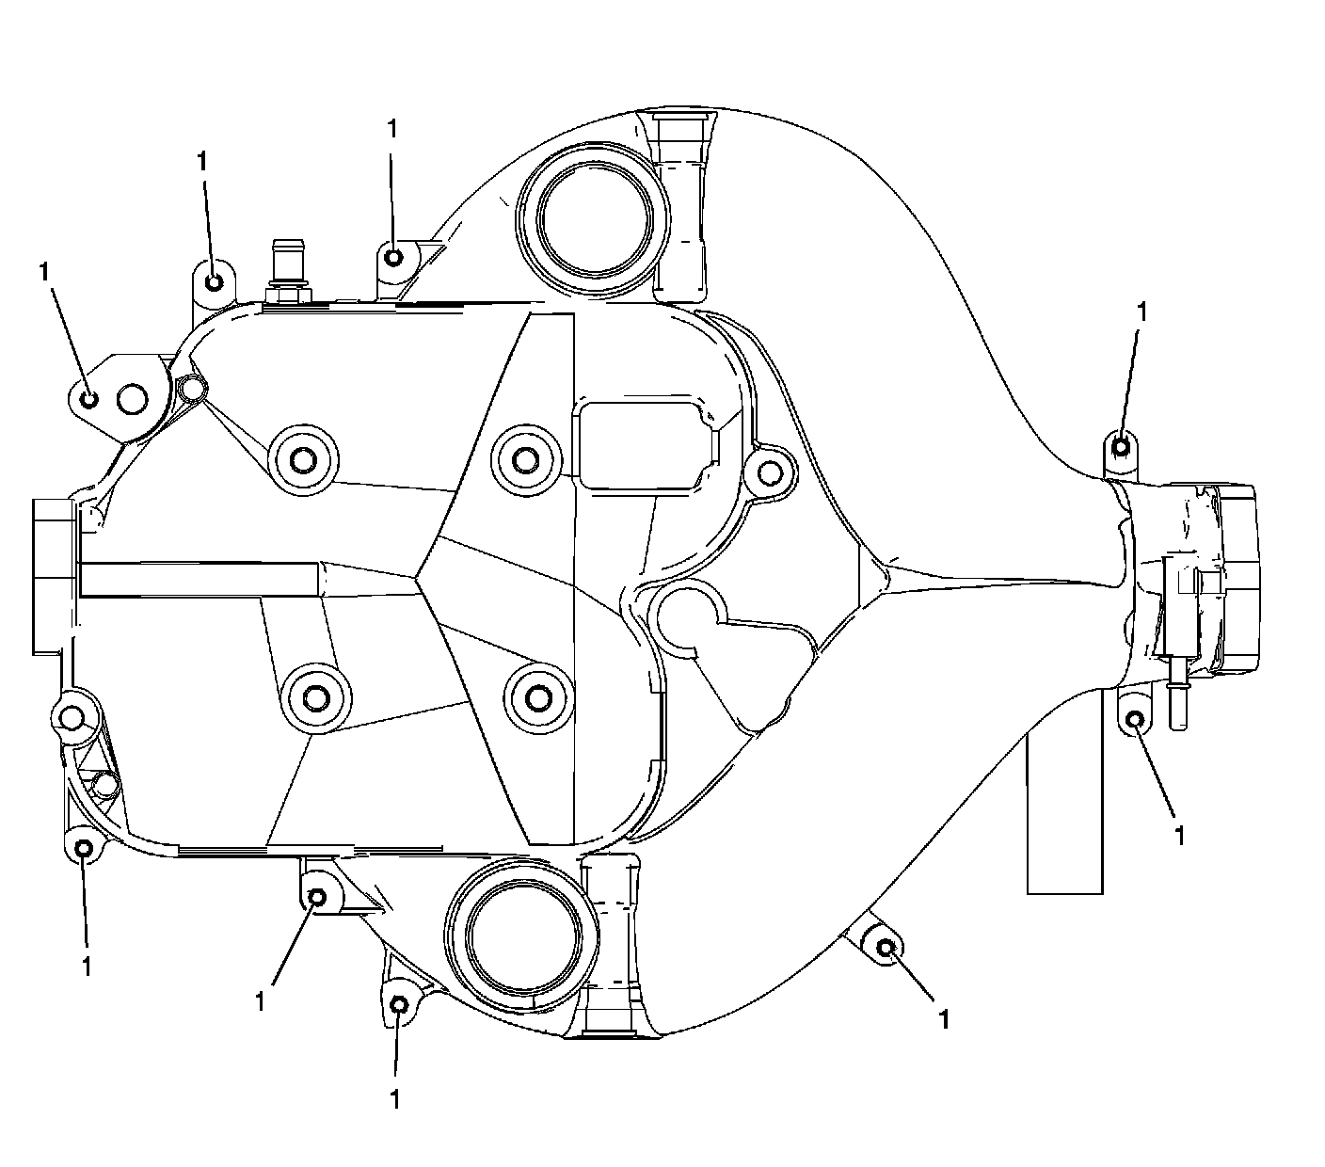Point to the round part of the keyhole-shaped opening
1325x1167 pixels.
point(687,617)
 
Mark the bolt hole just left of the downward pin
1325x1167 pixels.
point(1135,721)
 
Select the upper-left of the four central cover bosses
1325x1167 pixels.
point(302,460)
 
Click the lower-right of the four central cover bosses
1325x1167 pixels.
point(537,697)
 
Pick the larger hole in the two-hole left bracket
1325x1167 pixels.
point(132,400)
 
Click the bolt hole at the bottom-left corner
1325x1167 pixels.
point(84,849)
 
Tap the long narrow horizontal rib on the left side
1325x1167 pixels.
point(200,580)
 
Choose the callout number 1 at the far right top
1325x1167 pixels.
point(1142,312)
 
